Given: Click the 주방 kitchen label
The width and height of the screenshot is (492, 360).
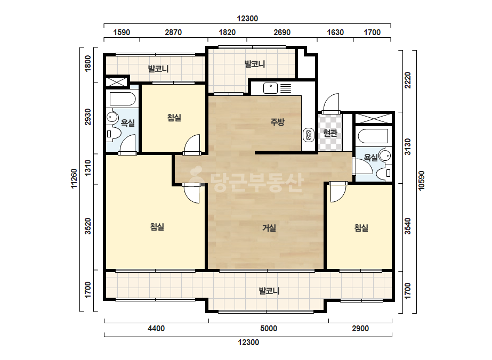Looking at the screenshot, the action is [x=277, y=122].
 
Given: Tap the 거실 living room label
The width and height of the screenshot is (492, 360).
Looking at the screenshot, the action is [x=269, y=228].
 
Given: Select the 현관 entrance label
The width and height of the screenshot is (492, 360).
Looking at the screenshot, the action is [x=330, y=133].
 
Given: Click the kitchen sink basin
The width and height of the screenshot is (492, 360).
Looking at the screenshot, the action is [x=270, y=88].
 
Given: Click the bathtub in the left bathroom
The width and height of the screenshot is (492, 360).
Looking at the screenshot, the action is [x=123, y=99].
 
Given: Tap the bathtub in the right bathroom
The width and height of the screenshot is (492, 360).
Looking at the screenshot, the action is [x=373, y=136].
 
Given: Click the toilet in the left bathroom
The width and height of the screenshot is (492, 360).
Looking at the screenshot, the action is [x=113, y=134].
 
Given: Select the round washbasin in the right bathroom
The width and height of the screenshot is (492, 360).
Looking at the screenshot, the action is [x=385, y=155].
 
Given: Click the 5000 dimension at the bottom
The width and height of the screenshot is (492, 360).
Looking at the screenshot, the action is [x=269, y=329].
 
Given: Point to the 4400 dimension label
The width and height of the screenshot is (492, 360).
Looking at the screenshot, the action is [x=156, y=329].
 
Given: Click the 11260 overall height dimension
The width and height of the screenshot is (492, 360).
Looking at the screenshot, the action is [x=74, y=178].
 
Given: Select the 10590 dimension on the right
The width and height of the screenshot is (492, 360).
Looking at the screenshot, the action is [x=421, y=181].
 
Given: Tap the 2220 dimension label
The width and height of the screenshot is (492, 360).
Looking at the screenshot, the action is [x=407, y=80].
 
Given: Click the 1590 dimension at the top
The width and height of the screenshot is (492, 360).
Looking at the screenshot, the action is [x=122, y=32].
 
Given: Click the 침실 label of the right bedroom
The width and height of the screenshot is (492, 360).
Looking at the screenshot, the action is [x=361, y=228].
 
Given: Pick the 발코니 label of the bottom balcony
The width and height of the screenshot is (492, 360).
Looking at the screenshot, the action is [x=269, y=291].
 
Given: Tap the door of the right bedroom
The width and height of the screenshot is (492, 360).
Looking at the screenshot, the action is [x=338, y=193].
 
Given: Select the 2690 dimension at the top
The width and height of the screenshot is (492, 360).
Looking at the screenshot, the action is [x=282, y=32].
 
